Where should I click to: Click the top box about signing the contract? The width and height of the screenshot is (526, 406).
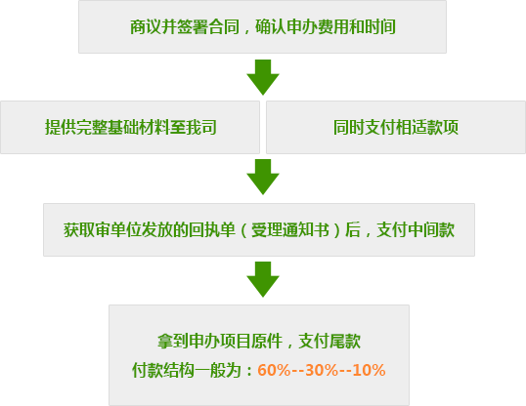pyautogui.click(x=262, y=26)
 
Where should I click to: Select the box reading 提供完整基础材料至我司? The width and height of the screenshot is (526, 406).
pyautogui.click(x=130, y=127)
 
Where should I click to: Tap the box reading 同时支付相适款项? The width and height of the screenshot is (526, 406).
pyautogui.click(x=396, y=127)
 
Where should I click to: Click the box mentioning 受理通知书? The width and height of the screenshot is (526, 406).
pyautogui.click(x=259, y=229)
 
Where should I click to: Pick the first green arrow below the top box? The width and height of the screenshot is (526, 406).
pyautogui.click(x=263, y=77)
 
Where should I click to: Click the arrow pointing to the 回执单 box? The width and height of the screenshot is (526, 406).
pyautogui.click(x=263, y=177)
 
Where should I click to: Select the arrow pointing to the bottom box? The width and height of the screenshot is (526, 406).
pyautogui.click(x=263, y=279)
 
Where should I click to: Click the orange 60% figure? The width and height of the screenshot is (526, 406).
pyautogui.click(x=274, y=370)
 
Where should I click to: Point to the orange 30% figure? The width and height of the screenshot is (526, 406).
pyautogui.click(x=322, y=370)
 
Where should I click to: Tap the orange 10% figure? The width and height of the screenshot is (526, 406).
pyautogui.click(x=369, y=370)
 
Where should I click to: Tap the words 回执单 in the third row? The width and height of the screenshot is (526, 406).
pyautogui.click(x=212, y=229)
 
